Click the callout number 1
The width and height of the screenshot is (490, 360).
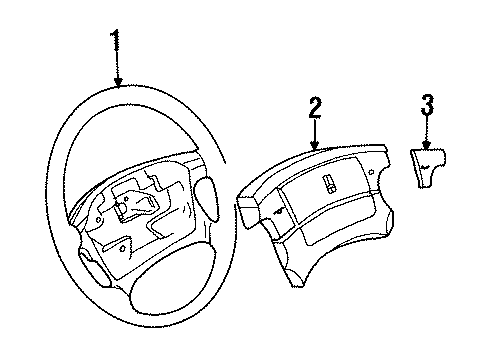[118, 42]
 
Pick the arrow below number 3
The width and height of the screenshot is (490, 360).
[427, 131]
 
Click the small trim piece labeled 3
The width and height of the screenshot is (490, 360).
[427, 159]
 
